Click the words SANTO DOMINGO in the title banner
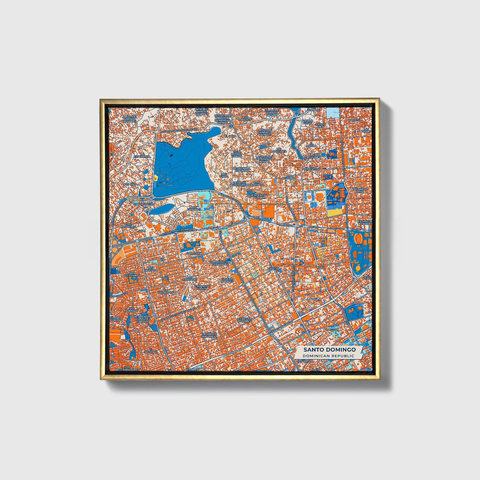329,349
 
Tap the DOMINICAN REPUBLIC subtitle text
329,356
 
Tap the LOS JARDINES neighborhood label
194,208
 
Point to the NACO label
321,267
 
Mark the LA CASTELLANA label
166,292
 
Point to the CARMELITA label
194,253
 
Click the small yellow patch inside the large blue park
155,178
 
